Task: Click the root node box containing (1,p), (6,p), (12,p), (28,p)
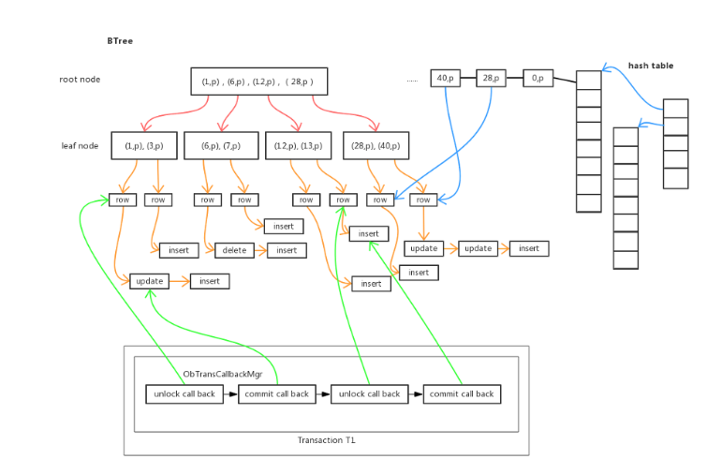[259, 81]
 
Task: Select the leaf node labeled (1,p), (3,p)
[143, 145]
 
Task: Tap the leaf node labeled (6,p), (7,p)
[220, 145]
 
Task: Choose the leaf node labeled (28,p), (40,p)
[376, 145]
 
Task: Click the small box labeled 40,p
[446, 79]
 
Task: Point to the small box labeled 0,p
[538, 79]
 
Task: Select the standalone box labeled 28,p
[491, 79]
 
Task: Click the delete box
[234, 250]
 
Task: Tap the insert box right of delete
[287, 250]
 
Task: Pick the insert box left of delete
[179, 250]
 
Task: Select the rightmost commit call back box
[462, 394]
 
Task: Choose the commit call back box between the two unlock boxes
[276, 394]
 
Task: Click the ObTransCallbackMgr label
[223, 374]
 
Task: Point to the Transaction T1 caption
[326, 440]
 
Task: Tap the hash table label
[650, 67]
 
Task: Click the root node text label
[81, 80]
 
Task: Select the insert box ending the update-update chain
[529, 248]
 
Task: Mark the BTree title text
[120, 41]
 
